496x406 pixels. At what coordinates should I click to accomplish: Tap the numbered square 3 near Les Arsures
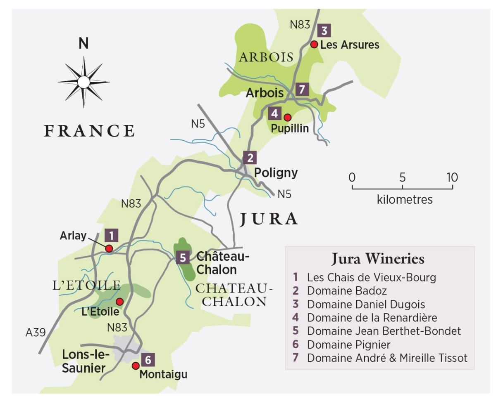(324, 31)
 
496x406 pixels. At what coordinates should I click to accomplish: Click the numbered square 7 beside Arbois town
(303, 89)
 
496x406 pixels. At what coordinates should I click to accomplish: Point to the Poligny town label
(276, 172)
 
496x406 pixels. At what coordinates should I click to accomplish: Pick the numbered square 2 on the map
(250, 157)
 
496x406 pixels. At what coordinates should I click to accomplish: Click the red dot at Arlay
(109, 248)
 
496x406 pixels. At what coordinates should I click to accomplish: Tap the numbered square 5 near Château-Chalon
(182, 257)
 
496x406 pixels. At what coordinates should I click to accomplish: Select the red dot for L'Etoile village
(119, 301)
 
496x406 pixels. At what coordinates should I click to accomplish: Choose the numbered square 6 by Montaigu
(148, 360)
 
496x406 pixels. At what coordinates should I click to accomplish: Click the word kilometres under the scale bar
(405, 200)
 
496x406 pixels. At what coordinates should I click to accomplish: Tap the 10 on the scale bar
(452, 177)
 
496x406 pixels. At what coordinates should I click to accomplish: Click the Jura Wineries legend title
(378, 259)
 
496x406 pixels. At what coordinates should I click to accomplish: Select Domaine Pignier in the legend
(348, 344)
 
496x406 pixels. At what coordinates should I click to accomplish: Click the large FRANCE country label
(90, 131)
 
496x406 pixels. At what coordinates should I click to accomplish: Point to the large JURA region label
(269, 219)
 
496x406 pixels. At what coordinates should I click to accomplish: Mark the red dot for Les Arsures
(314, 44)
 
